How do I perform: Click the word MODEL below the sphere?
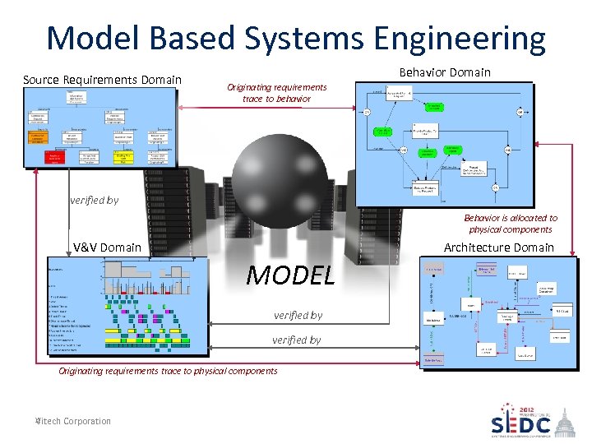click(x=290, y=275)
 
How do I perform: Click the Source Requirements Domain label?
click(x=102, y=80)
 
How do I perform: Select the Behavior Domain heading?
click(x=444, y=72)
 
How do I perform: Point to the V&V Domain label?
click(x=107, y=247)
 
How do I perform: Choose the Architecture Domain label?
click(x=498, y=247)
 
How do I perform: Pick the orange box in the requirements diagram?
click(x=55, y=139)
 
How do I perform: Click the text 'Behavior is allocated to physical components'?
click(x=510, y=224)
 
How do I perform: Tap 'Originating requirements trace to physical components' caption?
click(x=168, y=371)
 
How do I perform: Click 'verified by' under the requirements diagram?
click(x=94, y=200)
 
